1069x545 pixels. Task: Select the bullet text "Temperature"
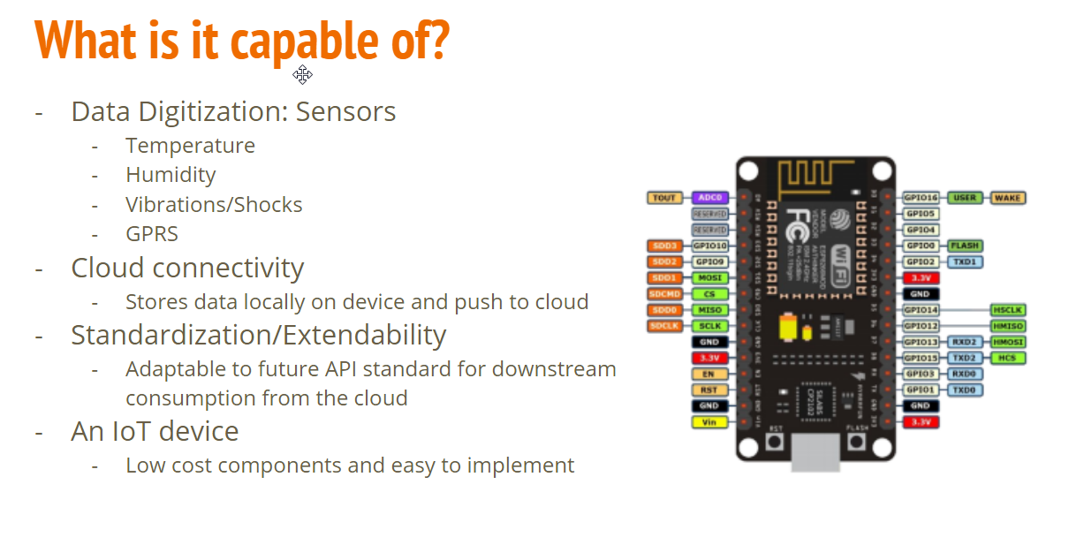[x=190, y=146]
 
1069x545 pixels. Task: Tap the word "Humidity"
[x=171, y=175]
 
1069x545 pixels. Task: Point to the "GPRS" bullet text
[x=152, y=234]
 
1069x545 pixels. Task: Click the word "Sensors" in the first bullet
[x=345, y=112]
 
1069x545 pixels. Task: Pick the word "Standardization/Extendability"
[x=258, y=336]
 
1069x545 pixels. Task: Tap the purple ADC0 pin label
[x=709, y=198]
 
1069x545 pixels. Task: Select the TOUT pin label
[x=664, y=198]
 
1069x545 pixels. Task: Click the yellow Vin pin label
[x=709, y=422]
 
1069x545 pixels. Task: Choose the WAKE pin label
[x=1007, y=198]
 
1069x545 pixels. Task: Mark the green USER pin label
[x=965, y=198]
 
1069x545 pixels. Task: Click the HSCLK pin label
[x=1007, y=310]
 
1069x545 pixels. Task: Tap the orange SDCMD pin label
[x=664, y=294]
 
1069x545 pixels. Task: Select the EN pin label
[x=709, y=374]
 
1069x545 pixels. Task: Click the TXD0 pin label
[x=965, y=390]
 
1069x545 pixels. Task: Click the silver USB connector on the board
[x=815, y=450]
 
